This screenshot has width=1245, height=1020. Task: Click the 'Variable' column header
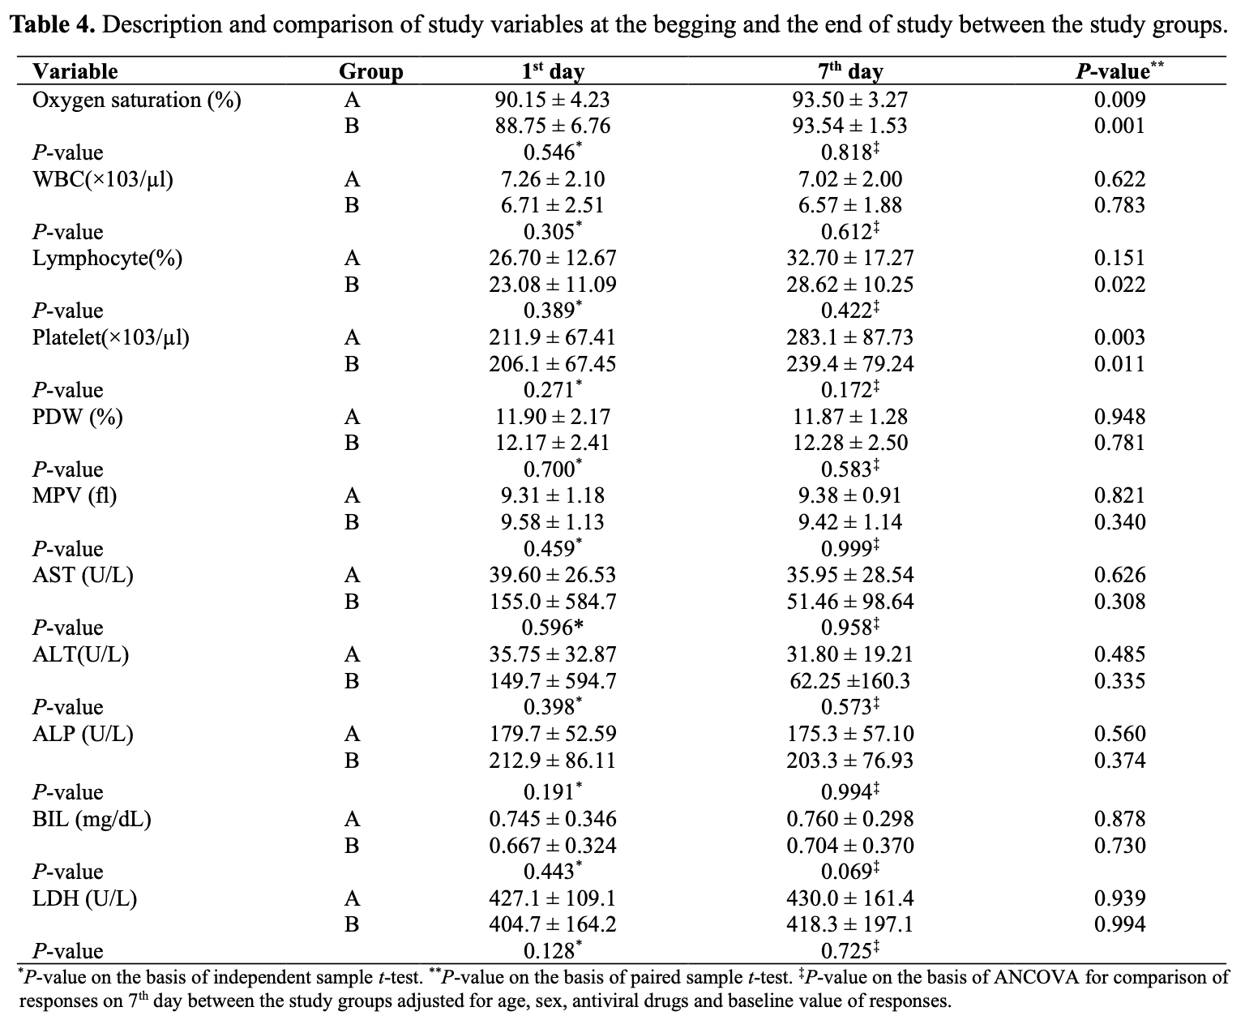[75, 71]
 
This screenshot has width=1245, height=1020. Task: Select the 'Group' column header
[370, 71]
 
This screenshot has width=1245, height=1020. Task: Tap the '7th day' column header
[850, 71]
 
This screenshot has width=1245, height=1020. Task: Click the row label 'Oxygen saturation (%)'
[136, 101]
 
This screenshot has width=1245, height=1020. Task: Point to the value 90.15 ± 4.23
[552, 99]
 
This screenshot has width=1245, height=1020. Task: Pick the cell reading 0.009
[1119, 99]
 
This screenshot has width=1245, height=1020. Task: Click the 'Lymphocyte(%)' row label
[107, 259]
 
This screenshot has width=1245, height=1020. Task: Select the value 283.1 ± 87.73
[849, 337]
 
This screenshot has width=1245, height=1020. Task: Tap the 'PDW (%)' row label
[77, 417]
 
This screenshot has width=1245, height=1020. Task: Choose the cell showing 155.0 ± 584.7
[552, 602]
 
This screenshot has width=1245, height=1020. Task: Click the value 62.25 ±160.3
[849, 681]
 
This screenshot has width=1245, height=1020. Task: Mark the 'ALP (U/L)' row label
[83, 734]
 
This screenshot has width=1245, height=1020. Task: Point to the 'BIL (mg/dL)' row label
[92, 819]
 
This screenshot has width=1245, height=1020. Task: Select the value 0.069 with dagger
[849, 871]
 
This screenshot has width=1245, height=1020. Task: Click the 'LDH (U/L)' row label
[84, 898]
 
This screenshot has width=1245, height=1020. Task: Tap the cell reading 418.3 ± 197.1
[849, 924]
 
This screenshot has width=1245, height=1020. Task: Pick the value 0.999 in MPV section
[849, 549]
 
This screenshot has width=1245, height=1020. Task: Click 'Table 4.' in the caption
[53, 25]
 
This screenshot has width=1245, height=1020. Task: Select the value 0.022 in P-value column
[1119, 285]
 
